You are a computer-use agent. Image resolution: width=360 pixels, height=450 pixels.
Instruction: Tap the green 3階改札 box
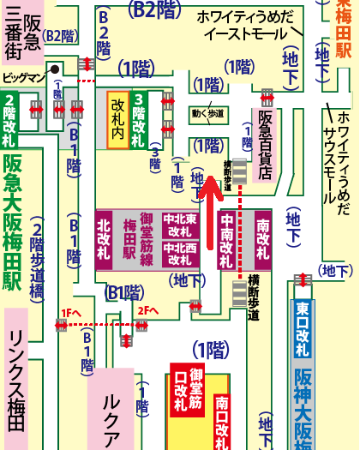point(139,119)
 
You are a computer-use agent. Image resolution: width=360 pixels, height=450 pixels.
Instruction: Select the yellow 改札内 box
point(117,118)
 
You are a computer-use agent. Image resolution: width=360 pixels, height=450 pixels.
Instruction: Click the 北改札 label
point(104,236)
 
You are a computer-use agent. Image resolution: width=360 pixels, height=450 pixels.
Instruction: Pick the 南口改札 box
point(222,422)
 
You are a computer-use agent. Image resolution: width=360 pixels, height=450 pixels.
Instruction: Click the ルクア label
point(111,412)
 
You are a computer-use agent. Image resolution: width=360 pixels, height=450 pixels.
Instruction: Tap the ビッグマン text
point(22,77)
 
